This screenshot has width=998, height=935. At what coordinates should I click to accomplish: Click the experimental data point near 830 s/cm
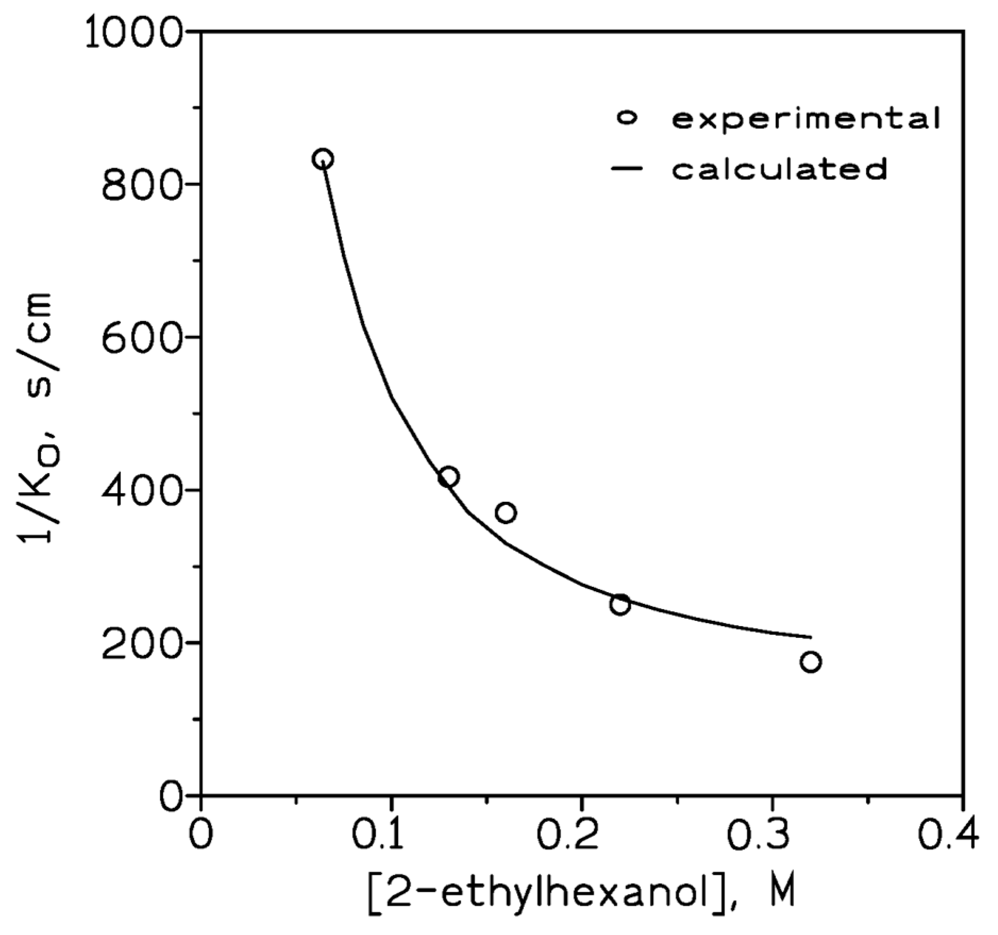pyautogui.click(x=323, y=158)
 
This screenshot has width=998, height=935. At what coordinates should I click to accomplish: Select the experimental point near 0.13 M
pyautogui.click(x=449, y=477)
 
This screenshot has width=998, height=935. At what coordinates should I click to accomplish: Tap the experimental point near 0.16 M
pyautogui.click(x=505, y=512)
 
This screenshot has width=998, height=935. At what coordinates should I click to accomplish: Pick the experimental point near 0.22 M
pyautogui.click(x=620, y=604)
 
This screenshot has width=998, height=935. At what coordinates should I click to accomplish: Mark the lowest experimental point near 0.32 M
pyautogui.click(x=810, y=662)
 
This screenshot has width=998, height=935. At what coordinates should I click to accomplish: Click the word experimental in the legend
pyautogui.click(x=806, y=119)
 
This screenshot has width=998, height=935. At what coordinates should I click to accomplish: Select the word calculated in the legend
pyautogui.click(x=779, y=169)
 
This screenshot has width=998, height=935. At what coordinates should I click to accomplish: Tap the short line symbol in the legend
pyautogui.click(x=628, y=169)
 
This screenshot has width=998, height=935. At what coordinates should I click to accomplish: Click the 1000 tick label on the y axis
pyautogui.click(x=139, y=33)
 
